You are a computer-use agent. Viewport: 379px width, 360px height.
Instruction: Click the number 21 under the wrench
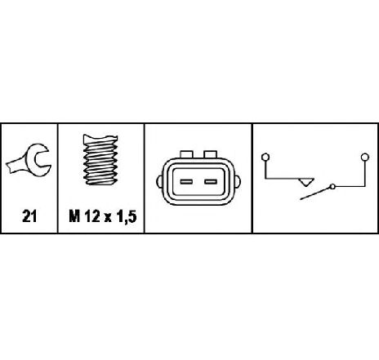[x=29, y=216]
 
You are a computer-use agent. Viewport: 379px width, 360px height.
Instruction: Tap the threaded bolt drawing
[x=100, y=160]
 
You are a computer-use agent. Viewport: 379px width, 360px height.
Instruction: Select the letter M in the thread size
[x=74, y=216]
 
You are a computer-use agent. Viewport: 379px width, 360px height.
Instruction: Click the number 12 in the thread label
[x=92, y=216]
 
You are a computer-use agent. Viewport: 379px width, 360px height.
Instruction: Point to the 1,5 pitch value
[x=126, y=217]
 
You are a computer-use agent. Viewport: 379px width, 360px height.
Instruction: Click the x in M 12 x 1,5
[x=108, y=218]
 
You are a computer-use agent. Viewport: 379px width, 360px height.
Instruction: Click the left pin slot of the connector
[x=186, y=182]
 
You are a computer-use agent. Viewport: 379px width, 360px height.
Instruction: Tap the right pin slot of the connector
[x=211, y=182]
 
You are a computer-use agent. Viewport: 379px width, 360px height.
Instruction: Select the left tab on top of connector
[x=186, y=154]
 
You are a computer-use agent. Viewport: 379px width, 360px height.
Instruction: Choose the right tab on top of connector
[x=211, y=154]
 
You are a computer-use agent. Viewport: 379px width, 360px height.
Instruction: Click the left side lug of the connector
[x=159, y=181]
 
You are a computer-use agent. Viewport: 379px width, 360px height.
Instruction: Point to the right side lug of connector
[x=238, y=181]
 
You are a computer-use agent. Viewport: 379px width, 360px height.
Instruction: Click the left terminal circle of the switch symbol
[x=265, y=158]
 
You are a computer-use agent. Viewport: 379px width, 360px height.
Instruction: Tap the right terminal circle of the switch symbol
[x=365, y=157]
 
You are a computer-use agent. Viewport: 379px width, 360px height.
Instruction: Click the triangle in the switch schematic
[x=306, y=182]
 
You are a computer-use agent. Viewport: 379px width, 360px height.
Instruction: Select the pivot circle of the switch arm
[x=332, y=187]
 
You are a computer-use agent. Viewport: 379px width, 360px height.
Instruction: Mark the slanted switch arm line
[x=315, y=193]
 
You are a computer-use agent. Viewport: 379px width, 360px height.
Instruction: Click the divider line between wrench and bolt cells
[x=58, y=179]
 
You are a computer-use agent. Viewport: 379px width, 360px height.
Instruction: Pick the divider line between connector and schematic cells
[x=252, y=179]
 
